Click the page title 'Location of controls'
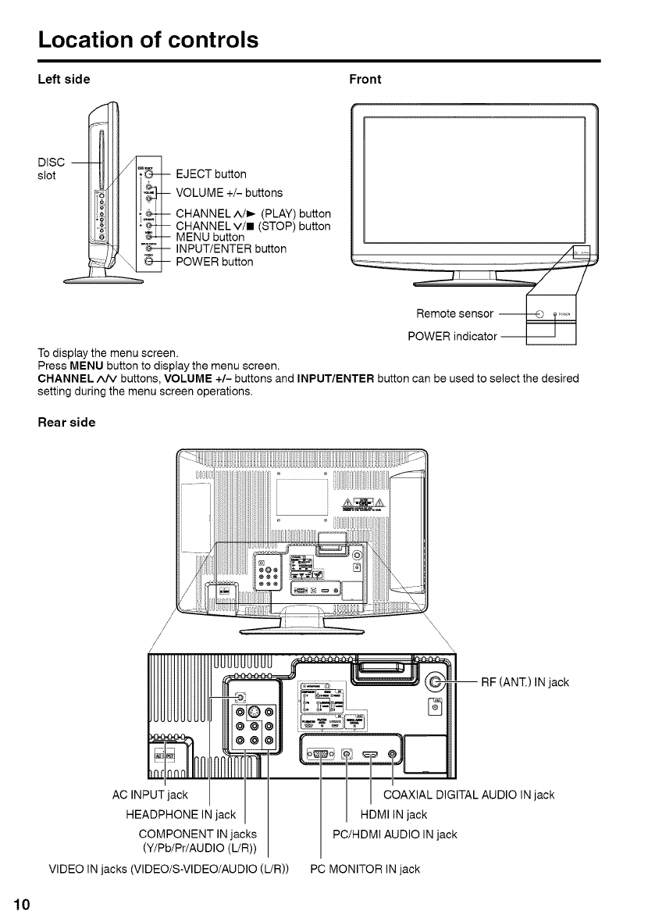coord(148,39)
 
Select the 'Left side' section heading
coord(65,79)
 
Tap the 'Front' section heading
coord(365,79)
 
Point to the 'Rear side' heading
coord(67,422)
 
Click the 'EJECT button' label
coord(212,173)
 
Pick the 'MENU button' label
coord(210,238)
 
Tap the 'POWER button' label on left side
coord(215,262)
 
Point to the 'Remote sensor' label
coord(454,314)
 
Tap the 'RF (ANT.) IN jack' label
coord(525,683)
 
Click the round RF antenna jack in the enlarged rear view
coord(437,682)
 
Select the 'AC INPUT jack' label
coord(151,795)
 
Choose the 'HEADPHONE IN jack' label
coord(180,815)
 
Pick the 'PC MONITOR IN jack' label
coord(365,869)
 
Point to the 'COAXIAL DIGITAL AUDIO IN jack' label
coord(468,795)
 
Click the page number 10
coord(21,905)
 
